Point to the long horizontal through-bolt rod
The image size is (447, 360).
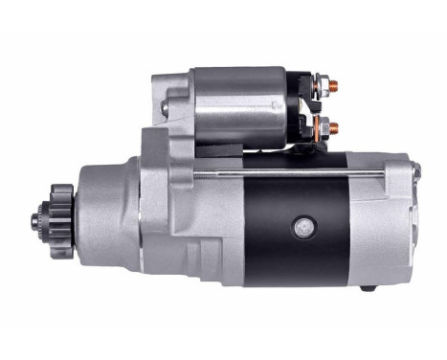pyautogui.click(x=287, y=172)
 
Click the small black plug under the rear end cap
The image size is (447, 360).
pyautogui.click(x=367, y=288)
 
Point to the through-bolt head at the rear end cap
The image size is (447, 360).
pyautogui.click(x=416, y=170)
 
